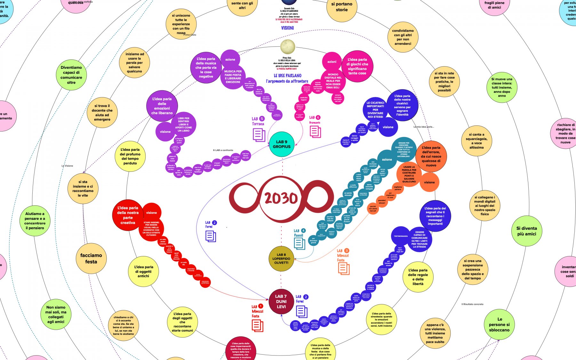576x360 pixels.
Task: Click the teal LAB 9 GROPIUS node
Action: point(282,144)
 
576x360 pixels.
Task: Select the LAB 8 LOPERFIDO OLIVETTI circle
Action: point(281,259)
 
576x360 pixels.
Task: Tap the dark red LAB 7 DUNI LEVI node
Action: point(281,301)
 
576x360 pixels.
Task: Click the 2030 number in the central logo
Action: point(281,198)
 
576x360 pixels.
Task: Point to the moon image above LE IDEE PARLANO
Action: point(287,47)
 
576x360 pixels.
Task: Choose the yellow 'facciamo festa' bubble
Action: point(91,259)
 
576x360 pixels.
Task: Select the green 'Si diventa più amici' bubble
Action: point(526,231)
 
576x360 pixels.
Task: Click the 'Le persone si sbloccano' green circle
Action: point(499,324)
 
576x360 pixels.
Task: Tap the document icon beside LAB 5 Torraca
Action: point(259,135)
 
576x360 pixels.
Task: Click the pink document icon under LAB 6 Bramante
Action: point(315,132)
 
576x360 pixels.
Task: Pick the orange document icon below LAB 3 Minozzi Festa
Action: point(344,268)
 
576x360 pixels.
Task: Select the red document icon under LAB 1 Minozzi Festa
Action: point(257,325)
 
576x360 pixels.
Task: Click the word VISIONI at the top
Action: point(287,28)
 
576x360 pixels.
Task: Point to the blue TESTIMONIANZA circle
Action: point(401,236)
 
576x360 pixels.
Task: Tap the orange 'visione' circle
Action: point(429,182)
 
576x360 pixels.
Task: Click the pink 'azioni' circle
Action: point(332,62)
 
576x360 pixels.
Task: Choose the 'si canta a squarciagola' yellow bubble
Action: point(476,141)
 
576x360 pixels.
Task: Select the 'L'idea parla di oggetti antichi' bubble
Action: point(143,271)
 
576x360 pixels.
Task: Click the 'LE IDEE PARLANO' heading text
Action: point(287,76)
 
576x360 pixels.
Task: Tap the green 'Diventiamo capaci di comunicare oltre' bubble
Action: point(71,75)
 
